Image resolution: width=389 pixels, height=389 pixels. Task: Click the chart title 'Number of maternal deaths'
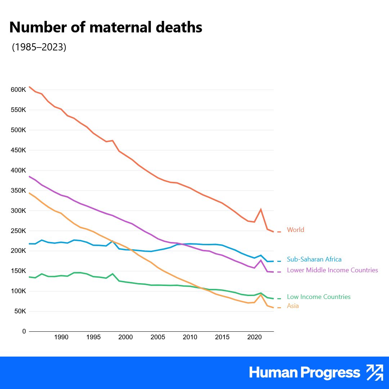pos(106,28)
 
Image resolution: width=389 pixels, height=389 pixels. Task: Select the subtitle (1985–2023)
pos(39,47)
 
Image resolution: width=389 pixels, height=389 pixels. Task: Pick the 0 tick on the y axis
pos(24,331)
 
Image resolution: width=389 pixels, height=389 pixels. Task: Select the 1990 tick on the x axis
pos(61,337)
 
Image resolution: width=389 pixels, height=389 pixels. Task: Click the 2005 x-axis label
pos(158,337)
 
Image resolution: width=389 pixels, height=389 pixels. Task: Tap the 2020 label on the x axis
pos(254,337)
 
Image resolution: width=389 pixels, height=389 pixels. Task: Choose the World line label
pos(295,230)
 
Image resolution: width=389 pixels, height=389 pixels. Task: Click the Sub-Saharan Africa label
pos(314,259)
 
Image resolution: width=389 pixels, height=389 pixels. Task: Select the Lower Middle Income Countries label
pos(332,270)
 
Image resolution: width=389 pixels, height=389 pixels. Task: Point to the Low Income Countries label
pos(318,297)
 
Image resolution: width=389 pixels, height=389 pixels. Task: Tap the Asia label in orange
pos(293,306)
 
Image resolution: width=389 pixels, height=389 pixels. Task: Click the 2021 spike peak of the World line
pos(261,209)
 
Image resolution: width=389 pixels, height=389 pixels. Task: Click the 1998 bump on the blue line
pos(112,241)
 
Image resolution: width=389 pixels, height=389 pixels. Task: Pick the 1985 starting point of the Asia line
pos(29,193)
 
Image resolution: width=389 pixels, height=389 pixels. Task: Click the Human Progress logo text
pos(304,373)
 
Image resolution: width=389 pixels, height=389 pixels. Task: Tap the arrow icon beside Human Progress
pos(375,372)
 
